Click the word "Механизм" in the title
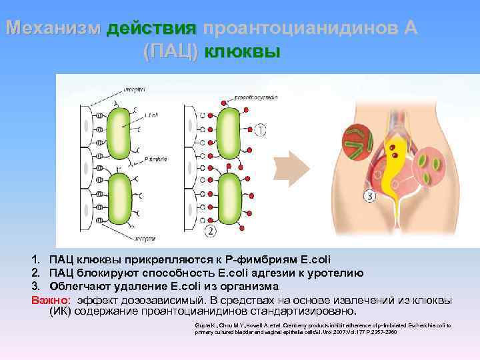pyautogui.click(x=53, y=29)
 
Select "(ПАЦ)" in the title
pyautogui.click(x=171, y=51)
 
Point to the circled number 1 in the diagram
pyautogui.click(x=259, y=129)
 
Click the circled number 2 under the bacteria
pyautogui.click(x=211, y=231)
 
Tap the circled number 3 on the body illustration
pyautogui.click(x=369, y=195)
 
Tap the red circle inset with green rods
pyautogui.click(x=360, y=142)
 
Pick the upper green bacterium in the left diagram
pyautogui.click(x=121, y=129)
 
